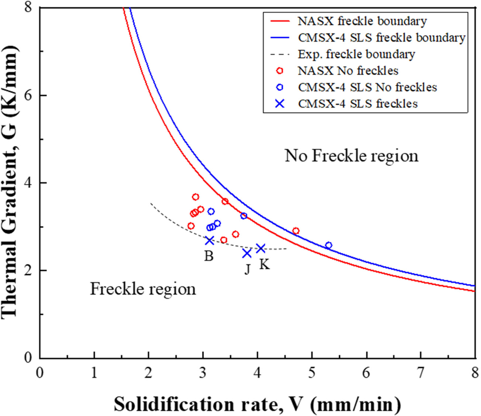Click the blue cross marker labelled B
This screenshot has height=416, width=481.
click(209, 240)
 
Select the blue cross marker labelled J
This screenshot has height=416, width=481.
click(247, 253)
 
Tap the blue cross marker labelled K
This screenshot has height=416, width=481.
click(261, 248)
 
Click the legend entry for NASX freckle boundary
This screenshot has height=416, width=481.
click(362, 21)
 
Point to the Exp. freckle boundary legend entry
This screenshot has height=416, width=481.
click(356, 54)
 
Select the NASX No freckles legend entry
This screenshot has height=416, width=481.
click(348, 71)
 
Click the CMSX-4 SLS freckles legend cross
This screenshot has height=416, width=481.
click(280, 104)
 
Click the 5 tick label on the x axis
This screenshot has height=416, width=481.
click(312, 373)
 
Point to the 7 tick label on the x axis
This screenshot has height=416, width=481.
click(421, 373)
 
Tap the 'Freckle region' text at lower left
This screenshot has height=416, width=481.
click(143, 289)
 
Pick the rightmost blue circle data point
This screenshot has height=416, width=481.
click(329, 245)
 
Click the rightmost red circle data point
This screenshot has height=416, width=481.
click(296, 231)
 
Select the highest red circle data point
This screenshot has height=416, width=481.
click(196, 197)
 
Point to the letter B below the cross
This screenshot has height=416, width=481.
click(209, 256)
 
